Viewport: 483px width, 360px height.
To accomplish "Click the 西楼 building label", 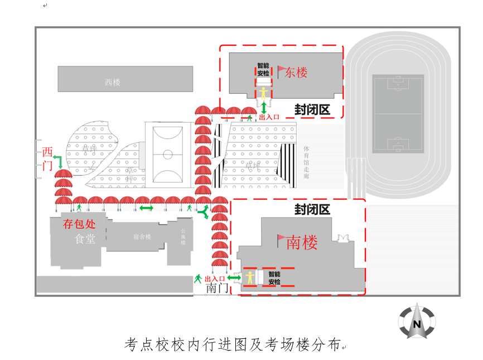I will tap(112, 82).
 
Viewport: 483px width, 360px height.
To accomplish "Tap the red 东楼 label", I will tap(296, 73).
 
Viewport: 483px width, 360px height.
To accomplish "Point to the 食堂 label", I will tap(85, 239).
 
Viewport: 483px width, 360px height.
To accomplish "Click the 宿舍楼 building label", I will tap(142, 237).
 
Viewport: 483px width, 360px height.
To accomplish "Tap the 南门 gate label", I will tap(217, 289).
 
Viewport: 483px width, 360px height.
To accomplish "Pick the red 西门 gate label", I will tap(47, 159).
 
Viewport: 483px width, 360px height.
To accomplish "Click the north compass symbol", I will tap(417, 321).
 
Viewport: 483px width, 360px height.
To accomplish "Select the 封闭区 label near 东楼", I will tap(312, 110).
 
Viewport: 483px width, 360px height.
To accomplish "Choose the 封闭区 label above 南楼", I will tap(312, 210).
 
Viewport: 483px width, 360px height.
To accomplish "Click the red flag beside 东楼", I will tap(281, 71).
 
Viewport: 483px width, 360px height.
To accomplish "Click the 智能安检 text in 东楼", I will tap(263, 69).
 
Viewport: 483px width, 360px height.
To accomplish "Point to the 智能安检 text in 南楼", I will tap(274, 277).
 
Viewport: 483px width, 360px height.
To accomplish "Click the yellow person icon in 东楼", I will tap(263, 93).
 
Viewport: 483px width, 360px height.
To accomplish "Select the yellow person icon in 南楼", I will tap(249, 276).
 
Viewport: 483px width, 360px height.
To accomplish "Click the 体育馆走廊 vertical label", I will tap(306, 162).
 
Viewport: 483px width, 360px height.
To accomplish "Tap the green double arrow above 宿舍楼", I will tap(146, 208).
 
